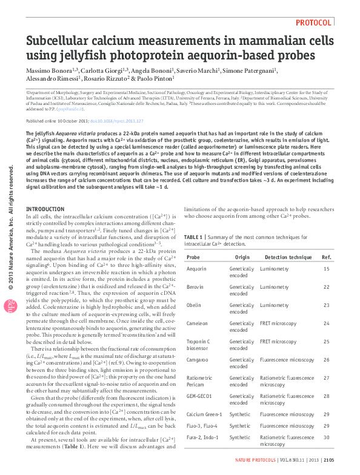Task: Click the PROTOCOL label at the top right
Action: click(x=313, y=22)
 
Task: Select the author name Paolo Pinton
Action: click(x=156, y=78)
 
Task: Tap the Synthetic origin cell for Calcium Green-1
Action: click(x=240, y=414)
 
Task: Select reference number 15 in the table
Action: click(x=327, y=268)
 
